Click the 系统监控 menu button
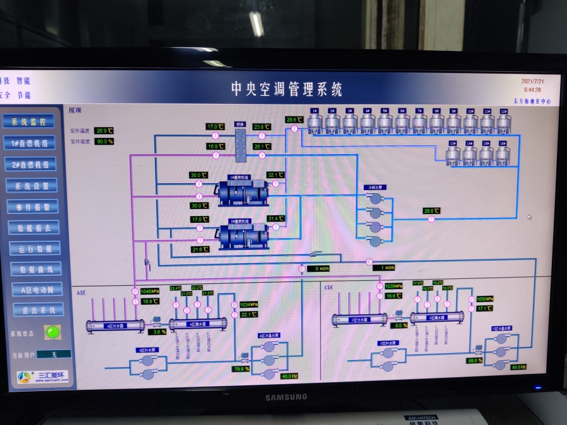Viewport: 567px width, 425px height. coord(29,122)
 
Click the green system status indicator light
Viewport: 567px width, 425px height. coord(52,332)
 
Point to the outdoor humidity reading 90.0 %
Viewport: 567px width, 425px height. coord(105,141)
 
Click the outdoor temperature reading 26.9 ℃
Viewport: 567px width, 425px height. coord(105,131)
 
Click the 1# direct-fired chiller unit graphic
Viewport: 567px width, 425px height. coord(243,193)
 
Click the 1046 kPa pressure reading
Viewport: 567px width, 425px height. coord(150,292)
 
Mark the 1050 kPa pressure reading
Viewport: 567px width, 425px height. coord(484,299)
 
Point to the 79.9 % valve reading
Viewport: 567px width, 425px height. coord(242,368)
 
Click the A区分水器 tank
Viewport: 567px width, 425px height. coord(106,326)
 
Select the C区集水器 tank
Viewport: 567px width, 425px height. coord(437,317)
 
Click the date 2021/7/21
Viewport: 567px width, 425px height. coord(532,81)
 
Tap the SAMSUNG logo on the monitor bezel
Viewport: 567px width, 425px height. coord(286,397)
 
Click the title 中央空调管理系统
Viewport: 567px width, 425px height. coord(287,89)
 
